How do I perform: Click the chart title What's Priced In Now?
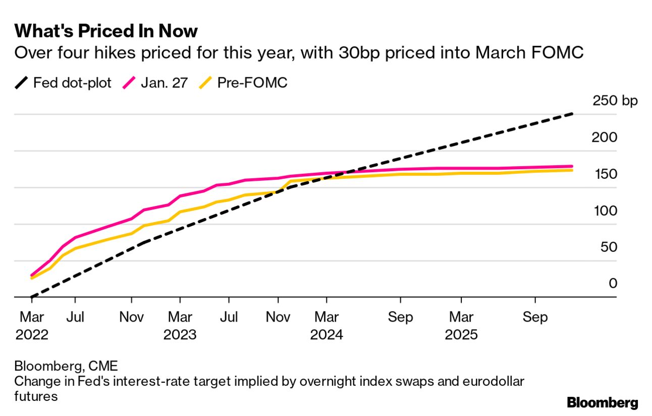(x=106, y=31)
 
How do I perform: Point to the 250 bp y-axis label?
(x=615, y=100)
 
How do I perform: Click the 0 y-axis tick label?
(x=613, y=284)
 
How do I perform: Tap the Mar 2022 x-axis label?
(x=32, y=326)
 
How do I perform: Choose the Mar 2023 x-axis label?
(x=180, y=326)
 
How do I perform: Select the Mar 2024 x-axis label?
(x=327, y=326)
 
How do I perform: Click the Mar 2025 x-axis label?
(x=461, y=326)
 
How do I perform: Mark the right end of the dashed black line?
(x=572, y=114)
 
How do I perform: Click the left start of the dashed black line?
(x=31, y=297)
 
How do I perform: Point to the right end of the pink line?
(x=572, y=166)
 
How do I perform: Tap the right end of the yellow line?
(x=572, y=170)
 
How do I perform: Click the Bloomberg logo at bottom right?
(x=602, y=403)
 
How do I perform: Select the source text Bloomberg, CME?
(x=66, y=366)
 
